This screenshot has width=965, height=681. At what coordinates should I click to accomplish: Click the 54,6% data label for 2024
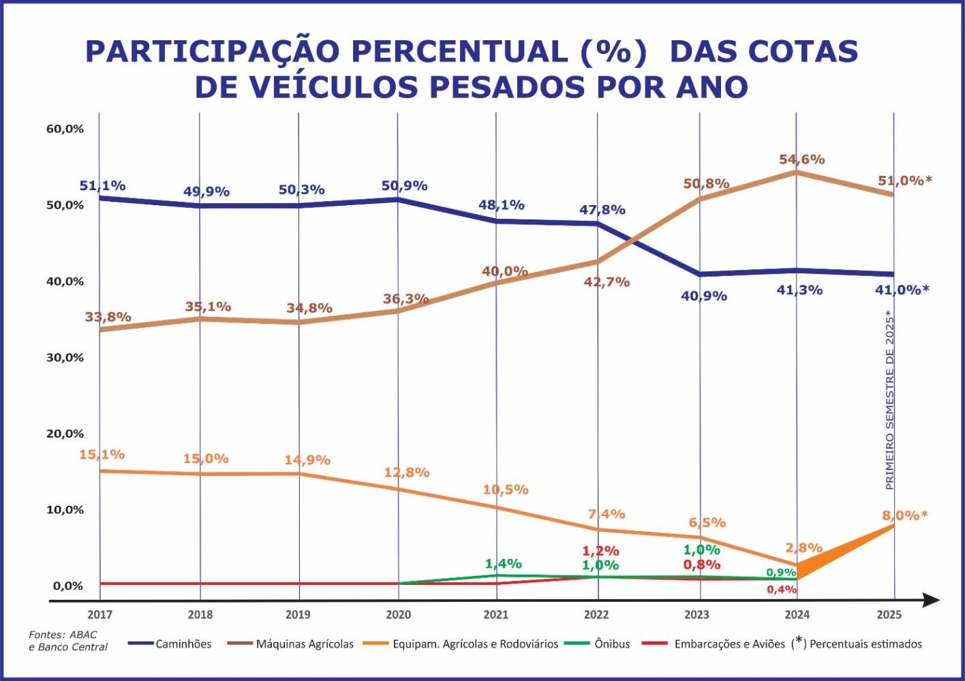802,160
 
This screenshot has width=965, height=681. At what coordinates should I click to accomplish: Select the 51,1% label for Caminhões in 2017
103,185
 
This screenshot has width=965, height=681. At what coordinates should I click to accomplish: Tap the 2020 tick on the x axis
399,615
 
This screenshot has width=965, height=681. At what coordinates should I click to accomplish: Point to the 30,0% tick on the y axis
65,357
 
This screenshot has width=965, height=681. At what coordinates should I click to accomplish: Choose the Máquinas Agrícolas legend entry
305,644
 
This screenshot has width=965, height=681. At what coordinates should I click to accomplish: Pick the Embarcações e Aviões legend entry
729,644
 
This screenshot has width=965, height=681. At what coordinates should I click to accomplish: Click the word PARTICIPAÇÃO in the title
212,52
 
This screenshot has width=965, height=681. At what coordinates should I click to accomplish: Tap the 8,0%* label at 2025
904,515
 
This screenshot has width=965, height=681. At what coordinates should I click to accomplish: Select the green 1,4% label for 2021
504,564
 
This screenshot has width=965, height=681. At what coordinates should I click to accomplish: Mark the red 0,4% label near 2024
782,590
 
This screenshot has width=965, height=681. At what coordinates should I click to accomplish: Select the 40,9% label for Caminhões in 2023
704,296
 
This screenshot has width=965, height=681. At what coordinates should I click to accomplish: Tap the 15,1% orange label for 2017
102,454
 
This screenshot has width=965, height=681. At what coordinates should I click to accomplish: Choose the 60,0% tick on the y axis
65,129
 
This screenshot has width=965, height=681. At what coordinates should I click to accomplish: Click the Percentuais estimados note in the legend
866,644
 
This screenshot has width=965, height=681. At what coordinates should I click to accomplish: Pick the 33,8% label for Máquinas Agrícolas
108,317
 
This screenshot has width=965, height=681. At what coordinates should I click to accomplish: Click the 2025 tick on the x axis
889,615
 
